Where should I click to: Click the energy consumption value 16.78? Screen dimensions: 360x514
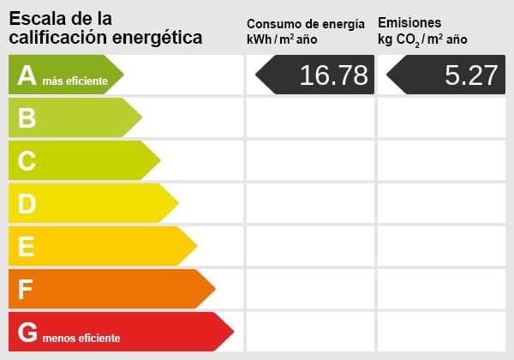click(332, 75)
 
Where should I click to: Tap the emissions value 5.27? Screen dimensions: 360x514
click(470, 75)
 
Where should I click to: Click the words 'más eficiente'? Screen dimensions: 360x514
click(75, 81)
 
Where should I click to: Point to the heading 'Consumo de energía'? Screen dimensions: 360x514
click(311, 23)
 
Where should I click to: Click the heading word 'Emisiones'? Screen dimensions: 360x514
click(409, 22)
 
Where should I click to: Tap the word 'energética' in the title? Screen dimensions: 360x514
click(157, 37)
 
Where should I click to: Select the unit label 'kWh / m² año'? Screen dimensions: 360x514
click(282, 39)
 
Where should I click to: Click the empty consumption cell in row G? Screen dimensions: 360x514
click(310, 332)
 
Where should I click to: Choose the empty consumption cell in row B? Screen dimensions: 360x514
click(310, 117)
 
